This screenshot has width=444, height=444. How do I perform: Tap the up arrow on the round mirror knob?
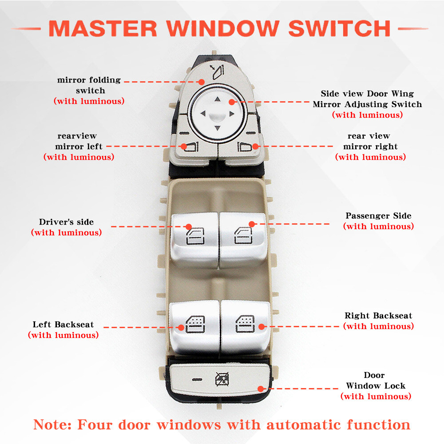pyautogui.click(x=217, y=100)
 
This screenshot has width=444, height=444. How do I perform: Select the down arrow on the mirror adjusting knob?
pyautogui.click(x=217, y=129)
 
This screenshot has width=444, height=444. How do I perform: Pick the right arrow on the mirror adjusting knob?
pyautogui.click(x=232, y=114)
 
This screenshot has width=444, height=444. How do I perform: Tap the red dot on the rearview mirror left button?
pyautogui.click(x=183, y=146)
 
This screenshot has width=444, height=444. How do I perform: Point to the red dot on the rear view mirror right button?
pyautogui.click(x=255, y=146)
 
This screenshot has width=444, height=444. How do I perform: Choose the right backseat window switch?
pyautogui.click(x=245, y=326)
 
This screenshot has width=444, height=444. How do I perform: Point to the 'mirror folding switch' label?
pyautogui.click(x=89, y=85)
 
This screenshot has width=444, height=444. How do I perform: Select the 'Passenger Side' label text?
pyautogui.click(x=378, y=216)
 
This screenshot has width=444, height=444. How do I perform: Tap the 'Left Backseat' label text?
pyautogui.click(x=63, y=325)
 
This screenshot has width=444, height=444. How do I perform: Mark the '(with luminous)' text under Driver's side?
pyautogui.click(x=66, y=232)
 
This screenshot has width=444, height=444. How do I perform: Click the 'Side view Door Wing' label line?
pyautogui.click(x=367, y=94)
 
